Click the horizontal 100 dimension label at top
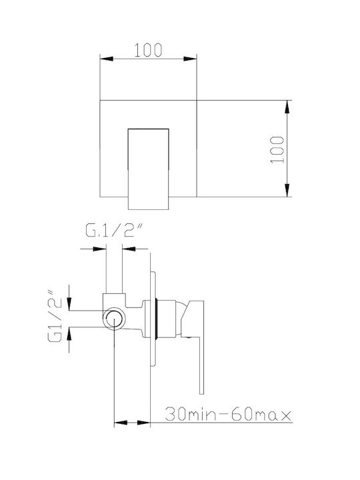[148, 50]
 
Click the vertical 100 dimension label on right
[277, 150]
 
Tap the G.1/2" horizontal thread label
[115, 231]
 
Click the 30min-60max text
[229, 415]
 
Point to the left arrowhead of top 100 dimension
[107, 59]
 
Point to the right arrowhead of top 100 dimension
[190, 59]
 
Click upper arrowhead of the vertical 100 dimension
[287, 107]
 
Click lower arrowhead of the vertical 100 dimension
[287, 190]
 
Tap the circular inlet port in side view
[114, 319]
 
